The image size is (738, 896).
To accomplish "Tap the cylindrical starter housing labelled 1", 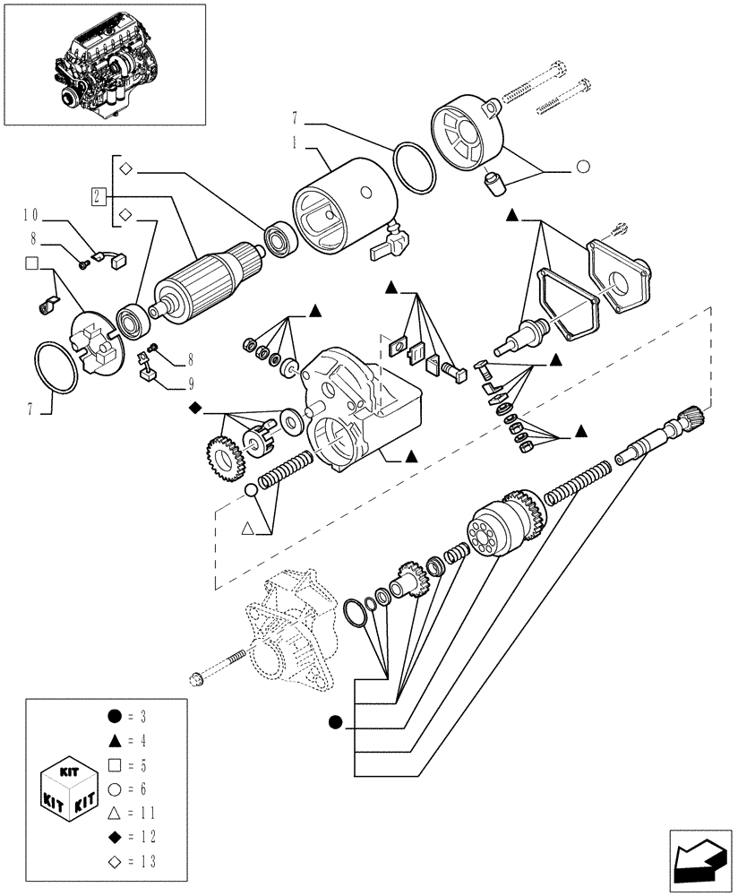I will click(x=345, y=206).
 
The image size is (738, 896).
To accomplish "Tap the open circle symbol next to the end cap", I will click(x=582, y=166).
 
